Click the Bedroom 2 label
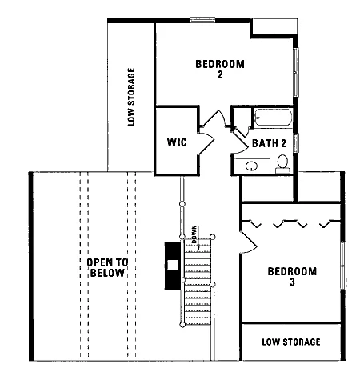(x=220, y=69)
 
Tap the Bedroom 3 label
(x=292, y=277)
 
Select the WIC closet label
(x=177, y=142)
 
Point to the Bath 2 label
(x=269, y=143)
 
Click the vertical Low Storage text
(x=131, y=97)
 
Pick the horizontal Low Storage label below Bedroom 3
(x=291, y=342)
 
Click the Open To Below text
(x=107, y=268)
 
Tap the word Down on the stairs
(x=194, y=234)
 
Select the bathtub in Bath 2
(x=273, y=118)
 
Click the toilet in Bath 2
(x=282, y=164)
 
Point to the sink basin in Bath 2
(x=251, y=166)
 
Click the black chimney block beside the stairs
(x=173, y=266)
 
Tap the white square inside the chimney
(x=173, y=265)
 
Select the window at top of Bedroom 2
(x=203, y=20)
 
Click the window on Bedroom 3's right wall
(x=343, y=266)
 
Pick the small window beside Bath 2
(x=296, y=143)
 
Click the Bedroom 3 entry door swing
(x=248, y=242)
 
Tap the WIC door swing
(x=206, y=143)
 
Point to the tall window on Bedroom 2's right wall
(x=296, y=72)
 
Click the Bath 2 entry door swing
(x=240, y=142)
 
